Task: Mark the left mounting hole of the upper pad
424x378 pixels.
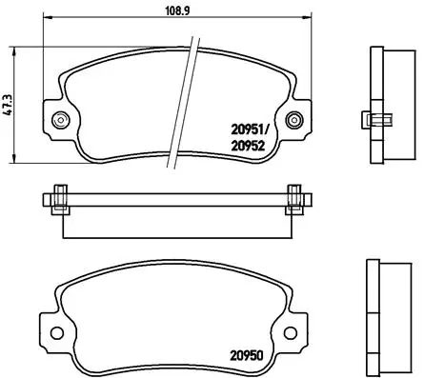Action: (x=63, y=120)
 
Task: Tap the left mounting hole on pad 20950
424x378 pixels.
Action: (x=60, y=333)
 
